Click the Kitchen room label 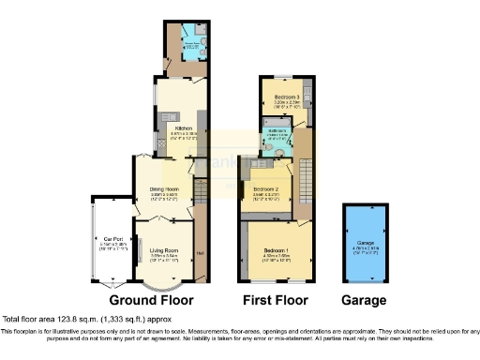(182, 128)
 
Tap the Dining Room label (164, 190)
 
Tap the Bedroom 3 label (287, 97)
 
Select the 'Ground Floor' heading (151, 301)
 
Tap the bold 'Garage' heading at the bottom (363, 301)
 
